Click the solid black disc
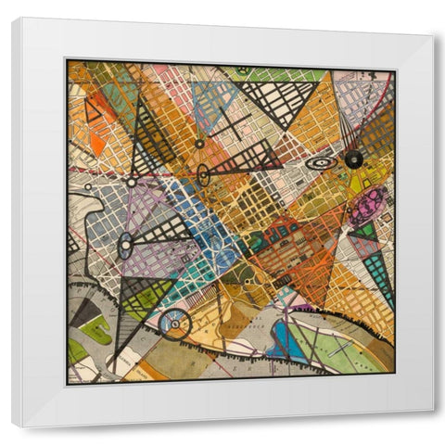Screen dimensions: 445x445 pyautogui.click(x=353, y=159)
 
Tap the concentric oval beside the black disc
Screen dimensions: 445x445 pyautogui.click(x=321, y=162)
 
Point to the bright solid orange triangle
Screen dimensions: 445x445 pyautogui.click(x=97, y=144)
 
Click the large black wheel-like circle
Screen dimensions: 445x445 pyautogui.click(x=174, y=324)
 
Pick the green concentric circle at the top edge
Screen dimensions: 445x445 pyautogui.click(x=242, y=70)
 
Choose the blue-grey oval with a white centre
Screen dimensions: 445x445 pyautogui.click(x=124, y=247)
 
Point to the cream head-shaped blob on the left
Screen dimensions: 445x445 pyautogui.click(x=91, y=219)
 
